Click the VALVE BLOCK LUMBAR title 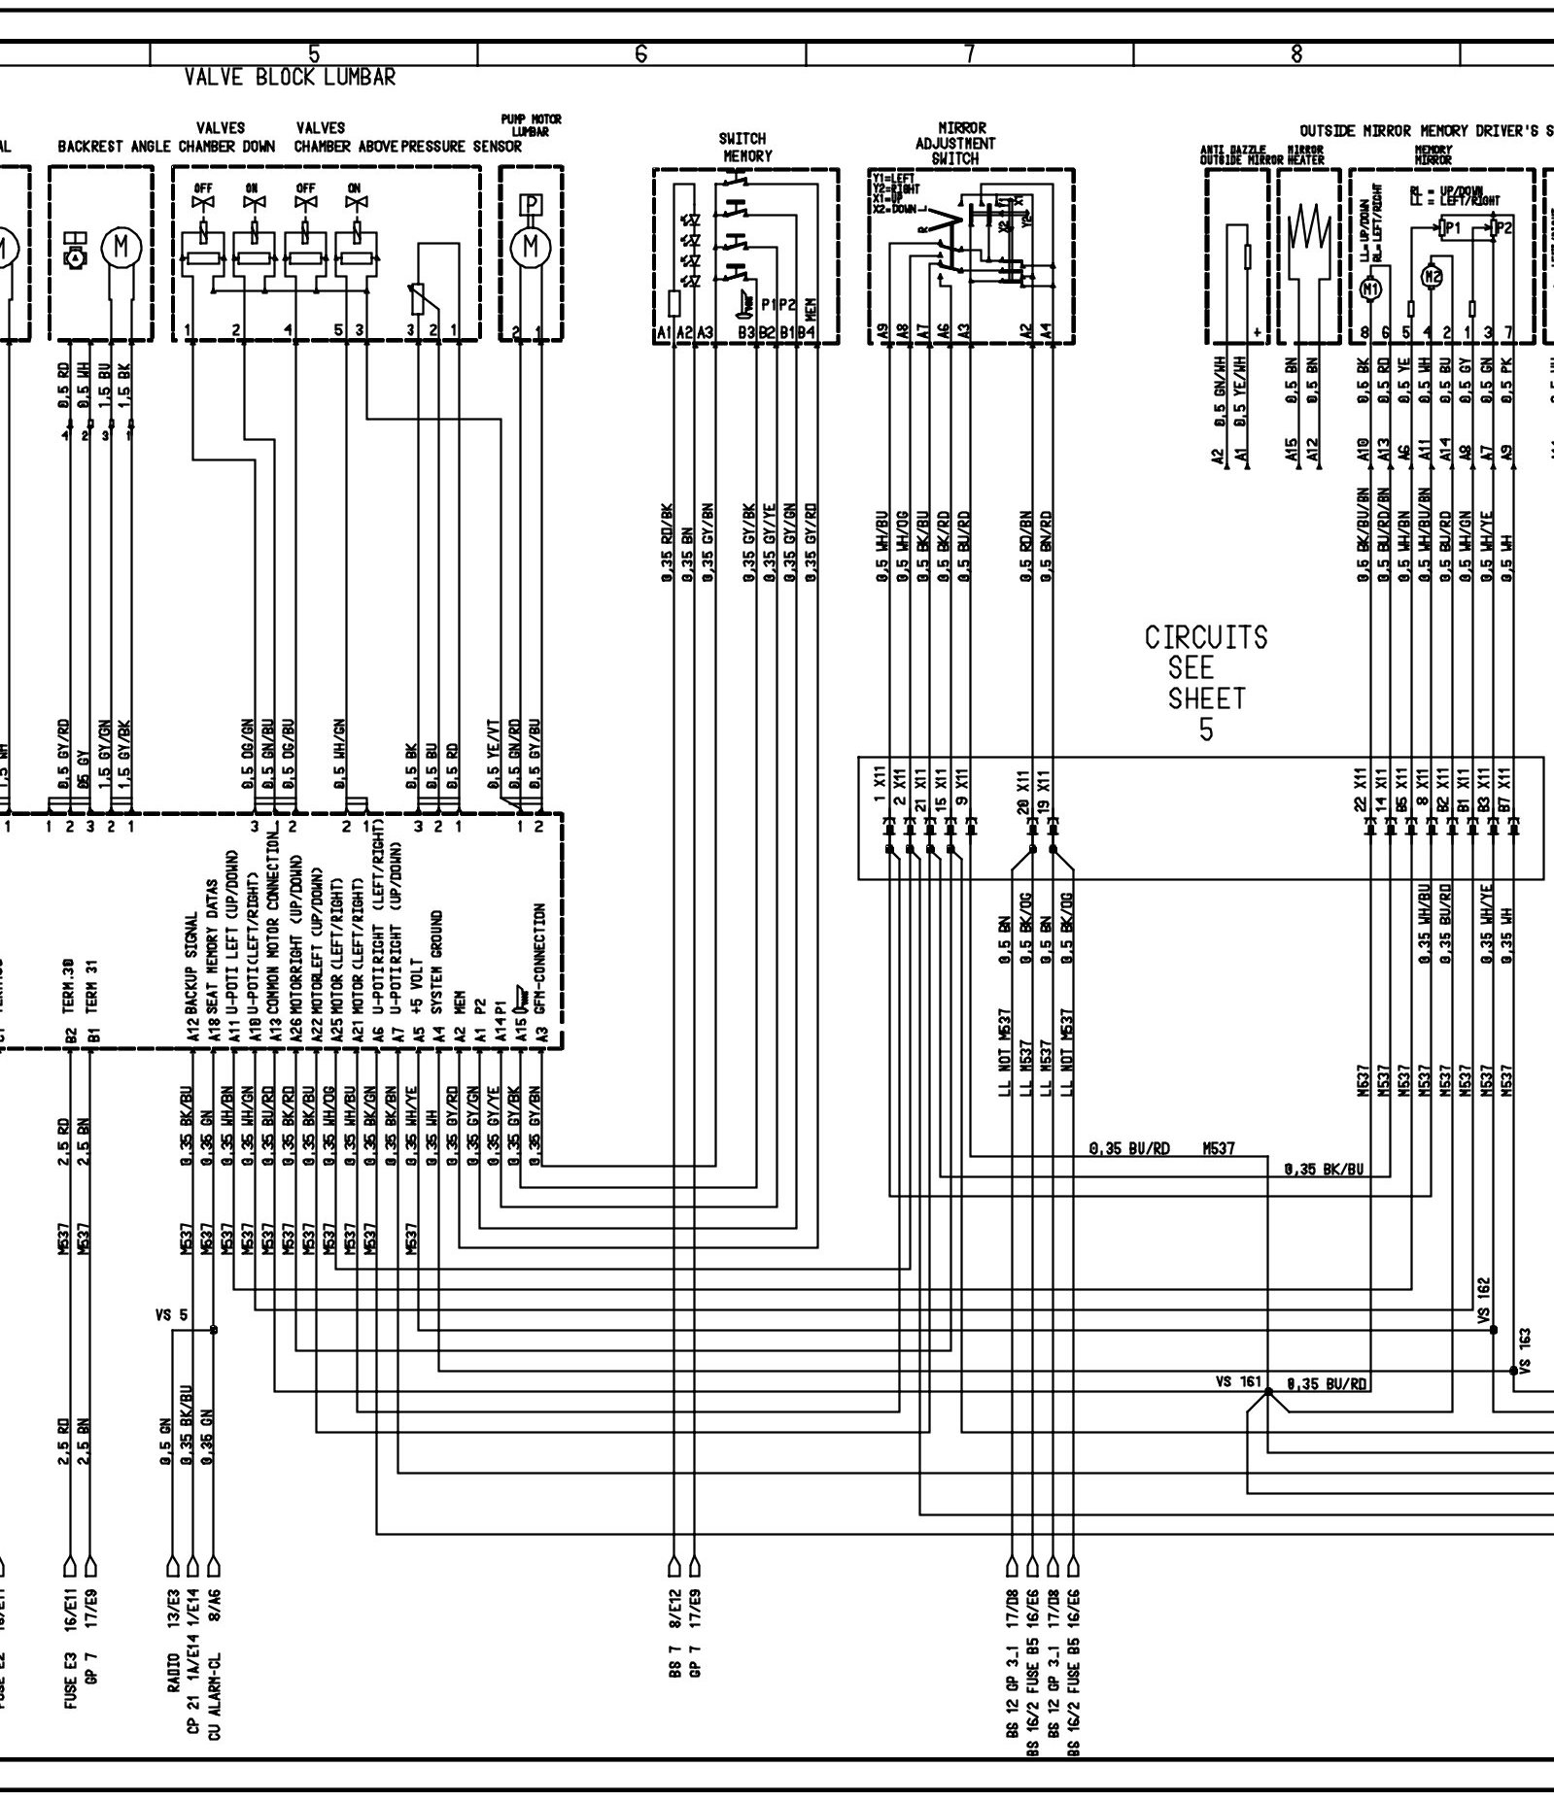290,78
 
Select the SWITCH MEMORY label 745,147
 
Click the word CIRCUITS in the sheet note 1206,638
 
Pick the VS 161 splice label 1236,1381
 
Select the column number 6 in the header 640,54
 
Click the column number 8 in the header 1296,54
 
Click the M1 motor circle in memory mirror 1372,288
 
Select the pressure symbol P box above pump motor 531,205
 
